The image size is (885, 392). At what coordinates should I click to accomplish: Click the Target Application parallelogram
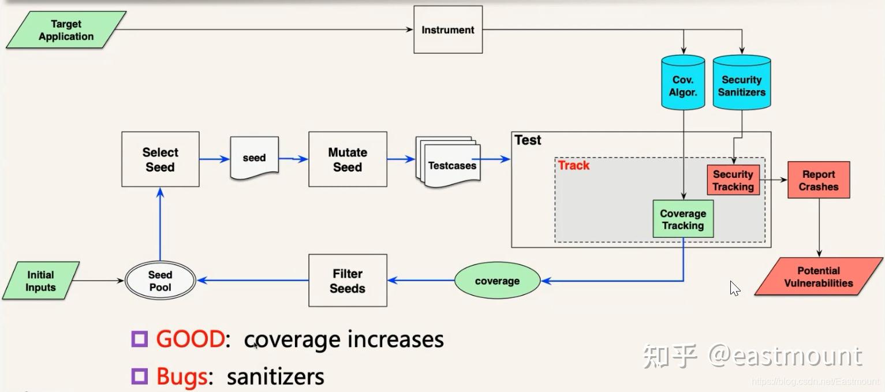66,30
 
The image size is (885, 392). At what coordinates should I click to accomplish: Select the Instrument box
448,30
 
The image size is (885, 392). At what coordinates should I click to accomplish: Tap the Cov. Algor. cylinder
683,83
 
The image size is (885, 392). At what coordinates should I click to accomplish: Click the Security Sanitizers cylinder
742,83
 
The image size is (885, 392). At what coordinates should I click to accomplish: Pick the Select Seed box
160,159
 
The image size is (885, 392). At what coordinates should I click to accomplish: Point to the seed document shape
254,158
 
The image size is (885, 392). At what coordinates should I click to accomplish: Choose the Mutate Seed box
348,159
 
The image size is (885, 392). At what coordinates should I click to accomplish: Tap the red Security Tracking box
733,180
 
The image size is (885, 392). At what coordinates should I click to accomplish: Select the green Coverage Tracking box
683,219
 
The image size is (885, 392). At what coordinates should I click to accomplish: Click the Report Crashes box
818,180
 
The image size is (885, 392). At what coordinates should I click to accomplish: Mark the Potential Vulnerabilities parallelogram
818,277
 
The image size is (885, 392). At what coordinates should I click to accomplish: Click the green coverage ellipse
497,281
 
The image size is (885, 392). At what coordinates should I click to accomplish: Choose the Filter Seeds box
348,281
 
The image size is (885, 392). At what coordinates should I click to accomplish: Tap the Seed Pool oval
160,281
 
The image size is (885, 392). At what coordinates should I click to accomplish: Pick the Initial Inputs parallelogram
40,281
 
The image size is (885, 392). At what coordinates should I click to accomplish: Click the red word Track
573,166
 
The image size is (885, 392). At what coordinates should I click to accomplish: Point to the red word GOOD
189,339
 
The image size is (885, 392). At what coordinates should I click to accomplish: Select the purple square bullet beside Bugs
139,376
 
